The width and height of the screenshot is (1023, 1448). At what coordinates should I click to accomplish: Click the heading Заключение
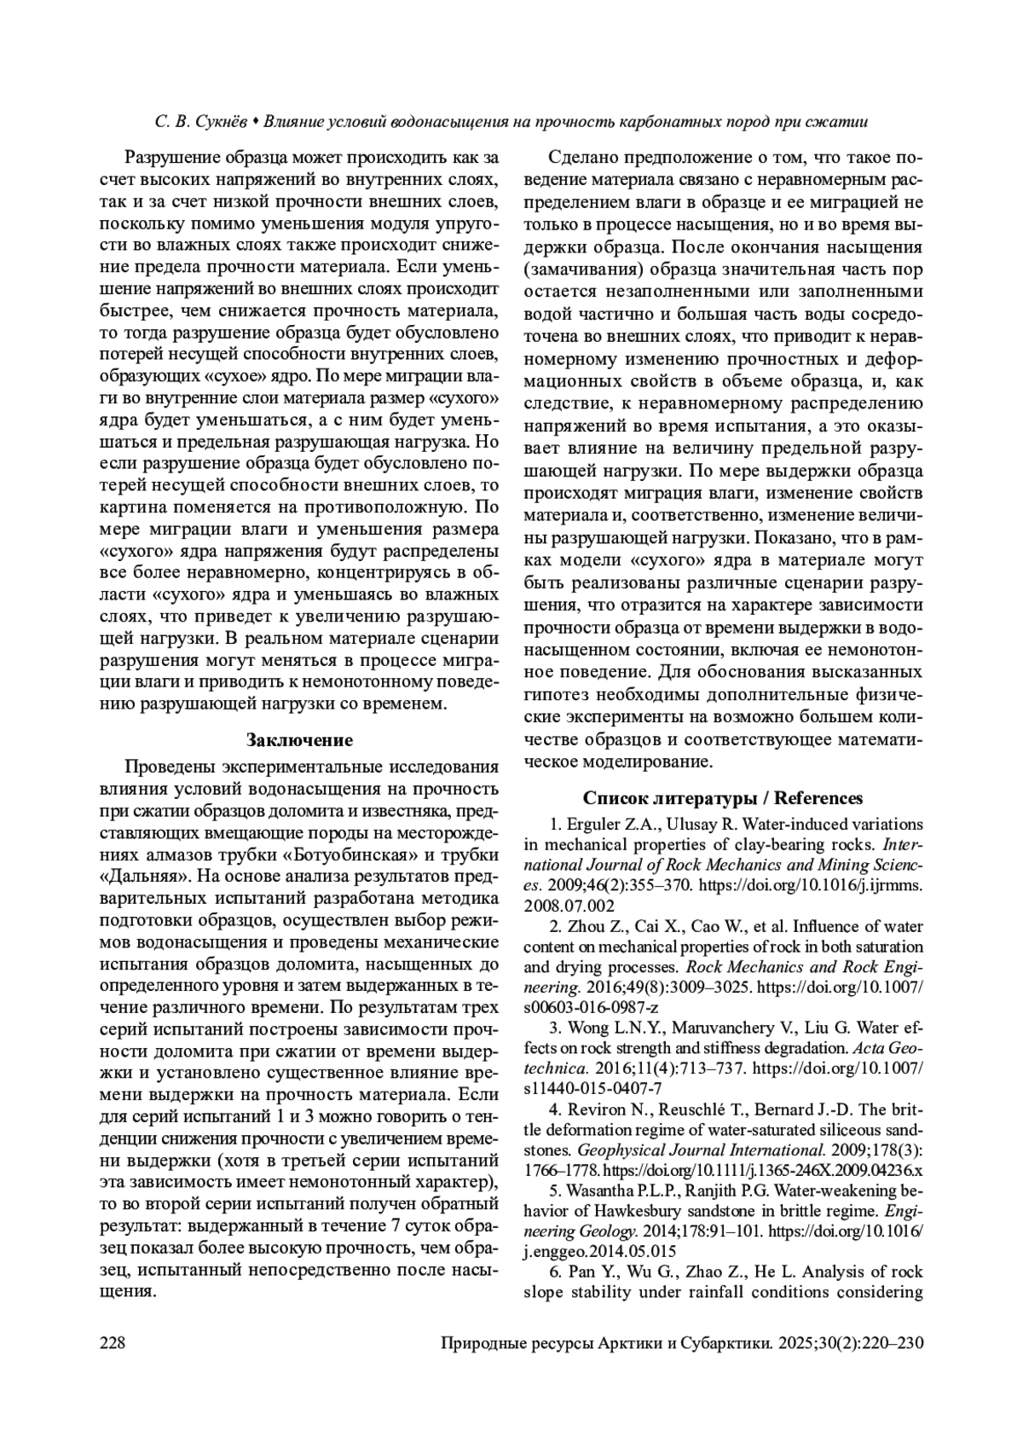[x=299, y=739]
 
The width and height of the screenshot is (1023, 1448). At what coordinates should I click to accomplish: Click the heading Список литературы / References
[x=723, y=798]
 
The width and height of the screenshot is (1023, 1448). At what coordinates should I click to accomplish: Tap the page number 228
[x=113, y=1343]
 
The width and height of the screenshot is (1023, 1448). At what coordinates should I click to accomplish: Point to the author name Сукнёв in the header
[x=224, y=123]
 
